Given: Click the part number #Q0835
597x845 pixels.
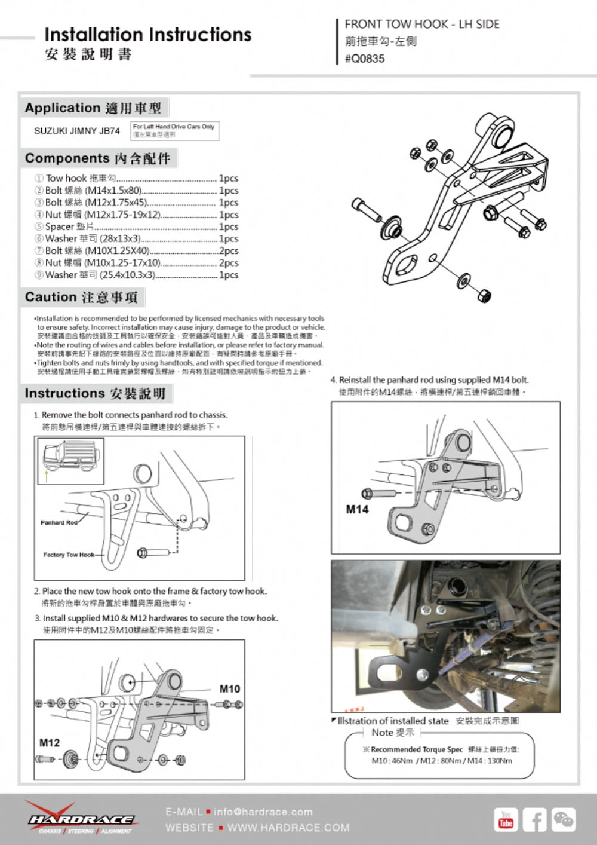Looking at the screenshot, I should (365, 59).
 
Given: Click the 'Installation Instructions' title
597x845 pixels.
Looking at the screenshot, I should (147, 35).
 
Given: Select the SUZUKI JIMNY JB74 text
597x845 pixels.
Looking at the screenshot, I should (76, 131).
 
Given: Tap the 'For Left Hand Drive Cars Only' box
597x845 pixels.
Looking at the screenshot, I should (174, 130).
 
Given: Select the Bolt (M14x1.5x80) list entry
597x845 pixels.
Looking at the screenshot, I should (93, 191).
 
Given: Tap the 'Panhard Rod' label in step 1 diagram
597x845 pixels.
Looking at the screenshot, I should (59, 522).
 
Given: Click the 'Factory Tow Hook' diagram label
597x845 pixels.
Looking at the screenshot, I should (69, 555).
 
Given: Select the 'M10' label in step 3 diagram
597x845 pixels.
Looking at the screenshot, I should (229, 688).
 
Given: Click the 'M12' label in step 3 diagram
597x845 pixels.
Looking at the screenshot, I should (50, 743).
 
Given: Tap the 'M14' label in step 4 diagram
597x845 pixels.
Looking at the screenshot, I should (357, 509).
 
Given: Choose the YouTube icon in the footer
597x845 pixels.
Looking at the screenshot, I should (506, 819).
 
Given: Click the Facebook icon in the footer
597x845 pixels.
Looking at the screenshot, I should (535, 819).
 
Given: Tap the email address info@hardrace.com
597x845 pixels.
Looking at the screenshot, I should (263, 812).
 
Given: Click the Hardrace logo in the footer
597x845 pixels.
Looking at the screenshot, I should (81, 819).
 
